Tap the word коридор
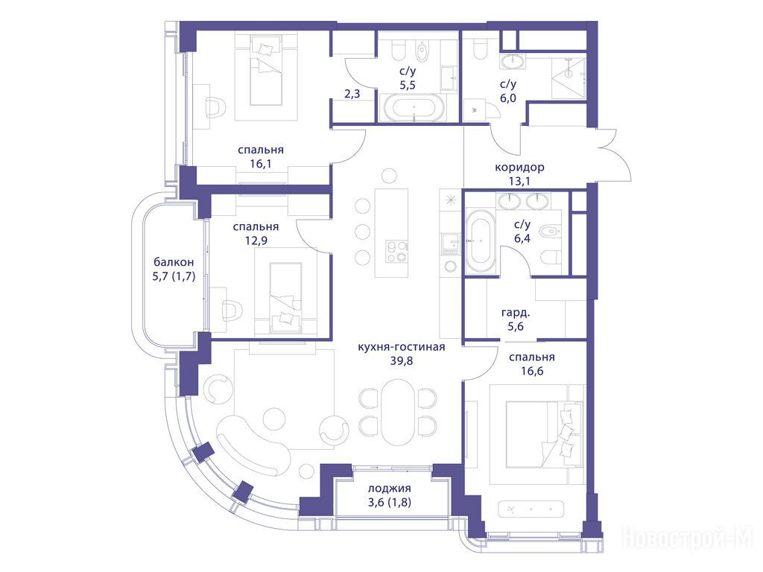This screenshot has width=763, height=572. (519, 168)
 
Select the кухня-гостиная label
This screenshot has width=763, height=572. (402, 347)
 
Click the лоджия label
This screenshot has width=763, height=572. (389, 489)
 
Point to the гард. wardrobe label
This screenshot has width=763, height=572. (516, 313)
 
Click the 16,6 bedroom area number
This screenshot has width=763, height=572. (532, 372)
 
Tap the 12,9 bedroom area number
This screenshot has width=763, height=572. (256, 241)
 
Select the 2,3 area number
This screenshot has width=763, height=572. (352, 93)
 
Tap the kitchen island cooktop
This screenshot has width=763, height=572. (396, 252)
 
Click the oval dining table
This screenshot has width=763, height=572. (398, 411)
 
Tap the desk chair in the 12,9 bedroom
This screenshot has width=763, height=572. (231, 309)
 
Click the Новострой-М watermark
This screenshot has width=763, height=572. (688, 537)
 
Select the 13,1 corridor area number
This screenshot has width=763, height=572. (519, 182)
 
